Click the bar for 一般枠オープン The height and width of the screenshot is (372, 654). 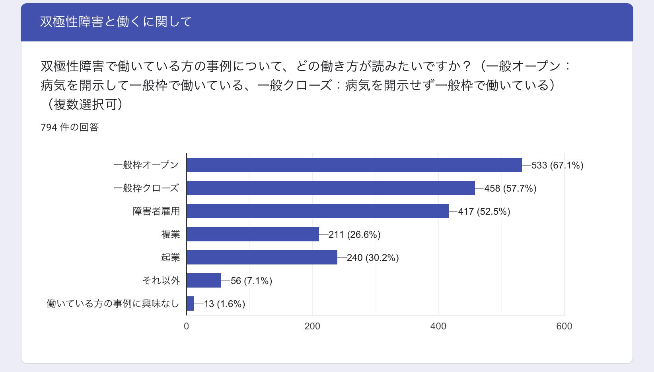coord(354,165)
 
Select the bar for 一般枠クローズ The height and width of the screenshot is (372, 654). coord(331,188)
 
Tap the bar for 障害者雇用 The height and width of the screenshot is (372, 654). coord(317,211)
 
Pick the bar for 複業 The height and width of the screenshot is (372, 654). coord(253,234)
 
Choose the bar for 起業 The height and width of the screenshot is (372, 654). coord(262,257)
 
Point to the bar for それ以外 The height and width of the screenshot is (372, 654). coord(204,280)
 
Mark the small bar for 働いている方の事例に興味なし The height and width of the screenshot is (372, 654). coord(191,303)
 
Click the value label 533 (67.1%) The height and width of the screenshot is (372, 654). coord(557,165)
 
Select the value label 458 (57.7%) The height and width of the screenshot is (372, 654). coord(510,188)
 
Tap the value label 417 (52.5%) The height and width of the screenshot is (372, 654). coord(484,211)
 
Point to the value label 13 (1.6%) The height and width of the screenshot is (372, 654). coord(224,304)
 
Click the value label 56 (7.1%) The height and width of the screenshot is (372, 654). coord(251,281)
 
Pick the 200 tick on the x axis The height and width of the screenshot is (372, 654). coord(312,326)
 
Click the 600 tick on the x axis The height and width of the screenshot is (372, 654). coord(564,326)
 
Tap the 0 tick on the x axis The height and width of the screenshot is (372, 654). coord(186,326)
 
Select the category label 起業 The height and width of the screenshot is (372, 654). coord(170,257)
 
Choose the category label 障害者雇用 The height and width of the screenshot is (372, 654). coord(156,211)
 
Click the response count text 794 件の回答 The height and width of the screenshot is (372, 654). coord(70,127)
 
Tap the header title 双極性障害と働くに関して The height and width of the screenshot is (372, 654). coord(116,22)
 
